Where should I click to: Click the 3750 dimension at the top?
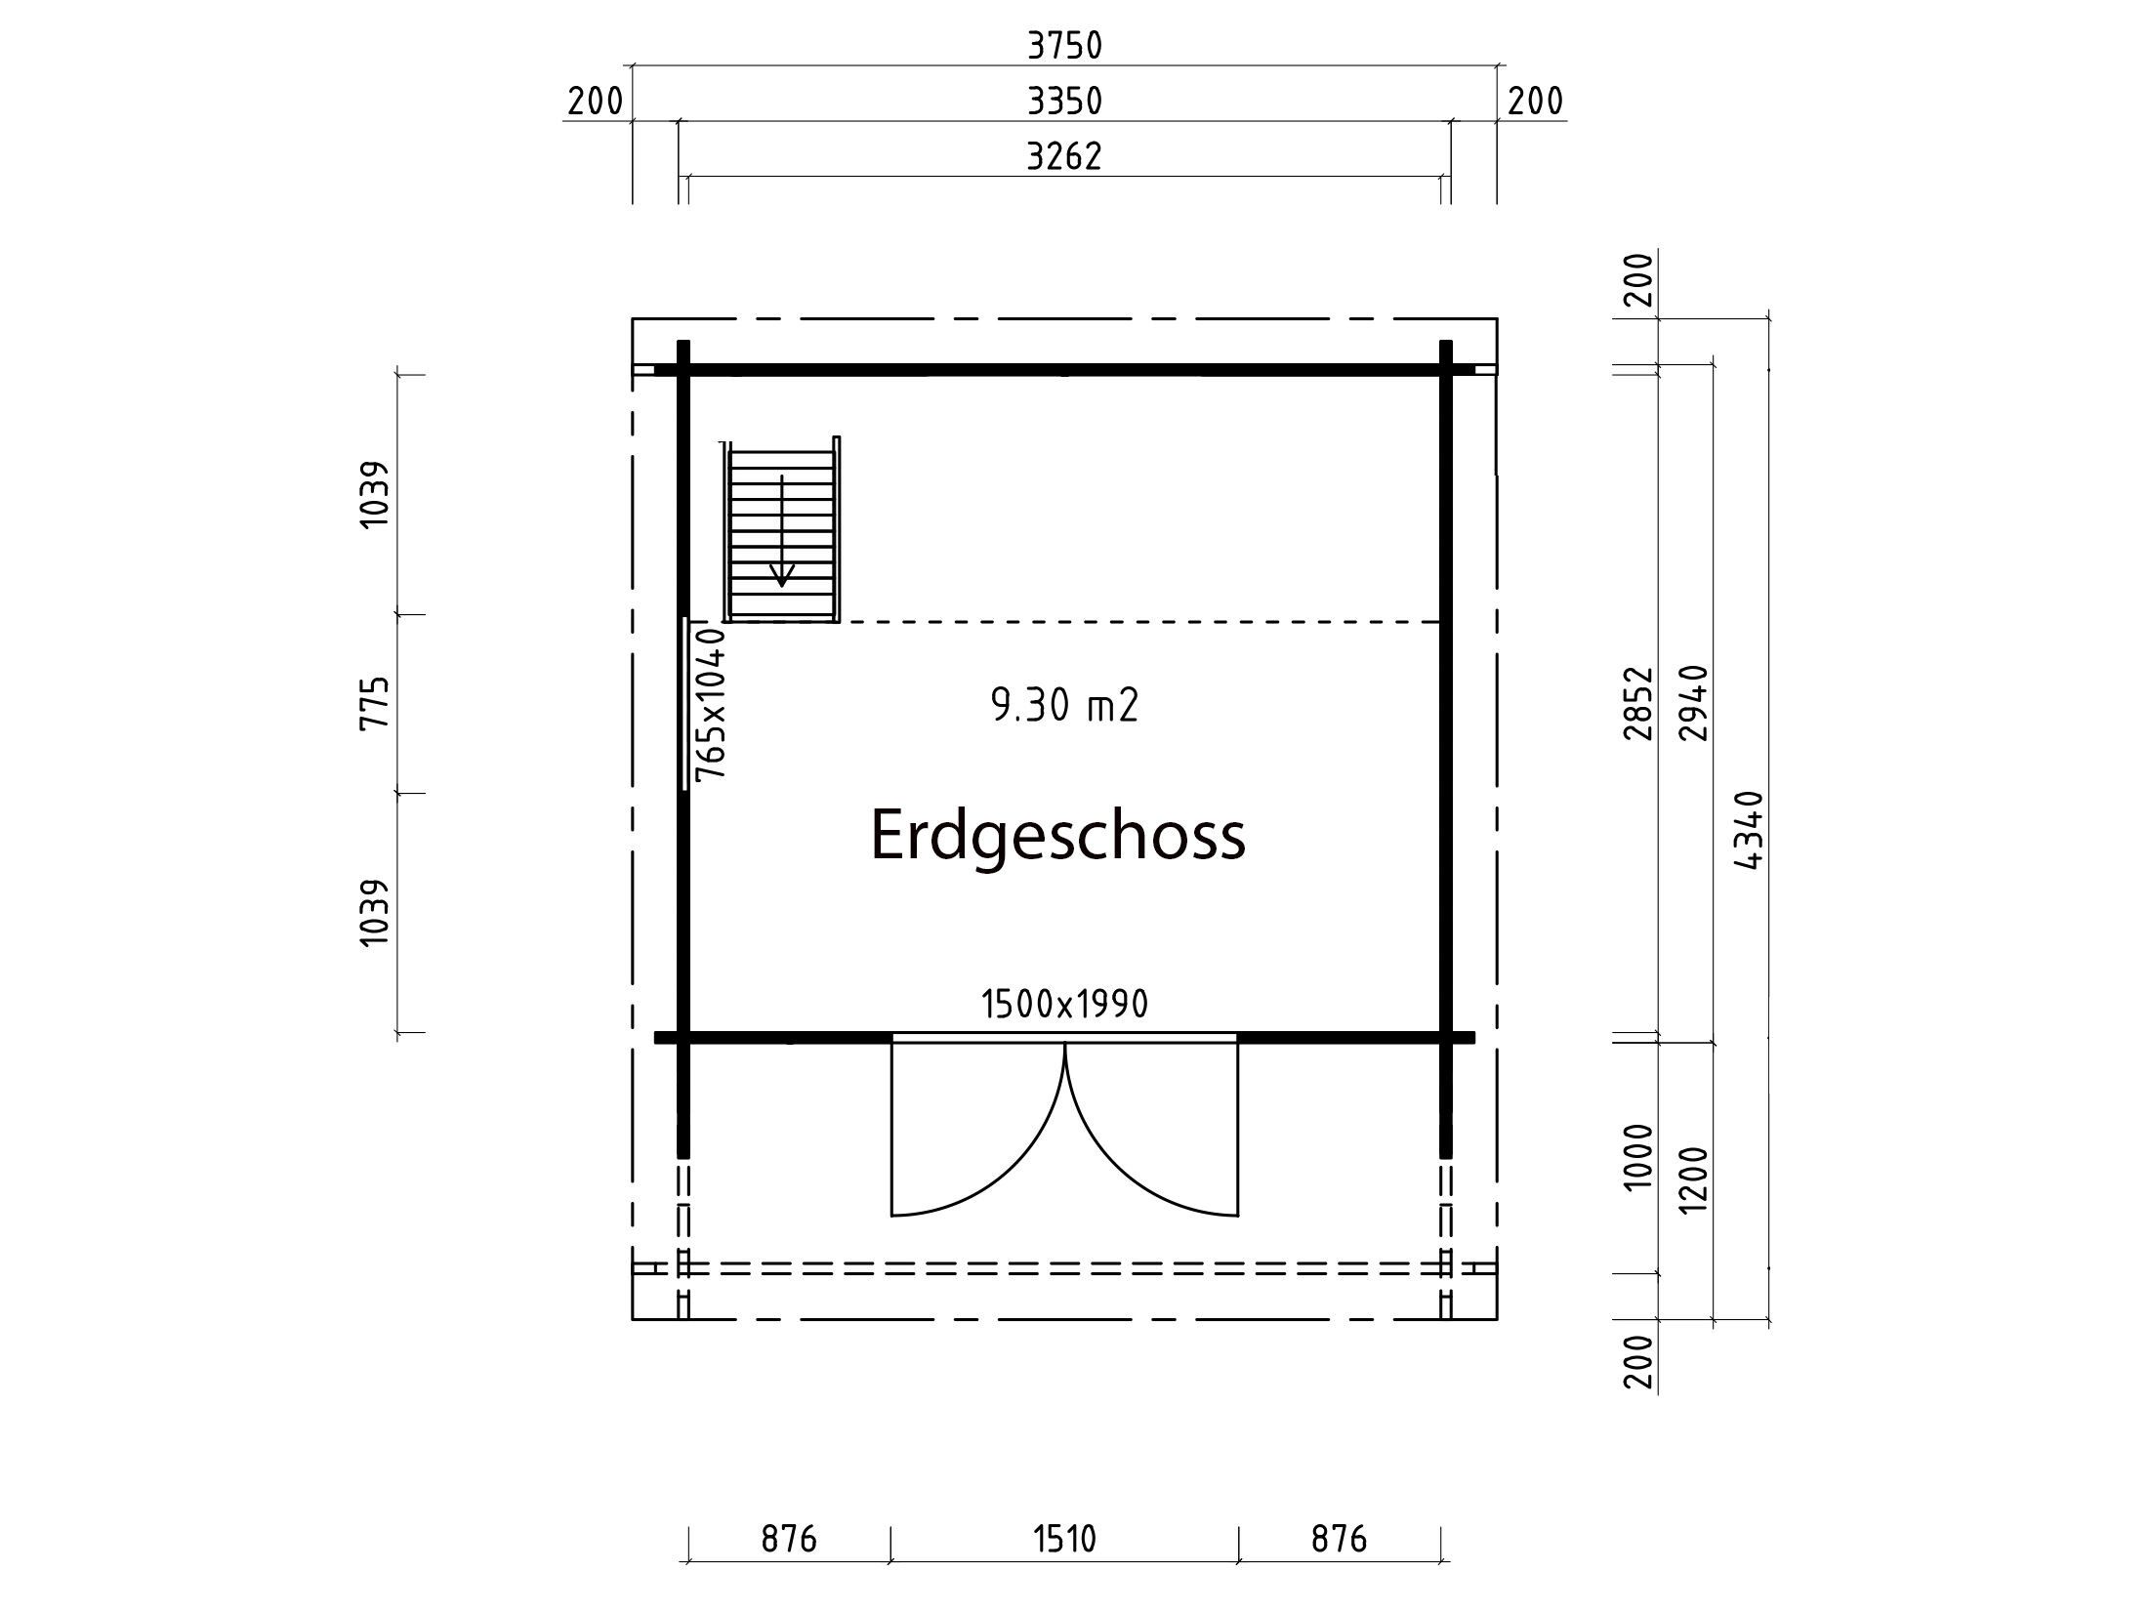tap(1064, 45)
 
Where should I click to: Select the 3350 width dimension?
tap(1064, 101)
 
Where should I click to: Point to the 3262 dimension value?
tap(1064, 156)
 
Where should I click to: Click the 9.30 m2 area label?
tap(1064, 705)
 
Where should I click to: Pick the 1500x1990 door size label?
tap(1064, 1004)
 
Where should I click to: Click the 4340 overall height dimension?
tap(1750, 831)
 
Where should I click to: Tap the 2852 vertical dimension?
tap(1639, 704)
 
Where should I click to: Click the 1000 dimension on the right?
tap(1639, 1157)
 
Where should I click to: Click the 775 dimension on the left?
tap(376, 703)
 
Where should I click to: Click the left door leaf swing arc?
tap(1015, 1166)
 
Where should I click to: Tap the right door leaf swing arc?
tap(1115, 1166)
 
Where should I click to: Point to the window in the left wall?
tap(685, 703)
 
